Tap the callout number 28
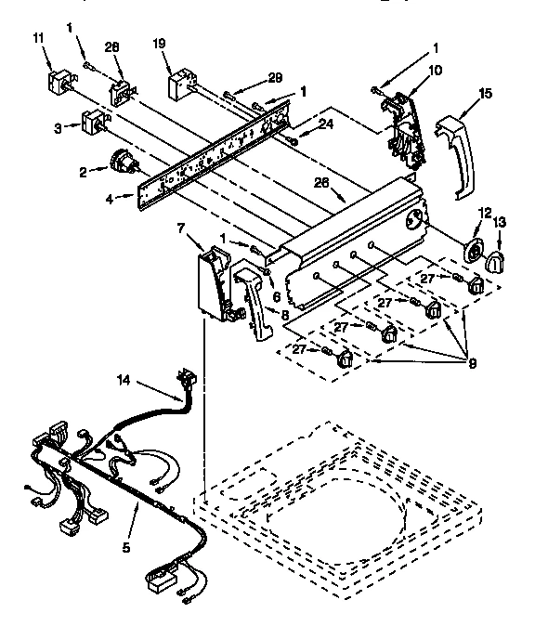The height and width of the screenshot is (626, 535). pyautogui.click(x=112, y=47)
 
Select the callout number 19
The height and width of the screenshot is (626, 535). pyautogui.click(x=159, y=43)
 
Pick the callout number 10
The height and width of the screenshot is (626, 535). pyautogui.click(x=410, y=71)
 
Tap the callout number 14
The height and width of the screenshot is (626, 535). pyautogui.click(x=149, y=379)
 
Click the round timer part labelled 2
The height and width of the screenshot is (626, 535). pyautogui.click(x=122, y=167)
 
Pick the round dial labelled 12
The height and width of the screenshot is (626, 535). pyautogui.click(x=474, y=251)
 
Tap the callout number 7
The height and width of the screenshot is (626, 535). pyautogui.click(x=182, y=228)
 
